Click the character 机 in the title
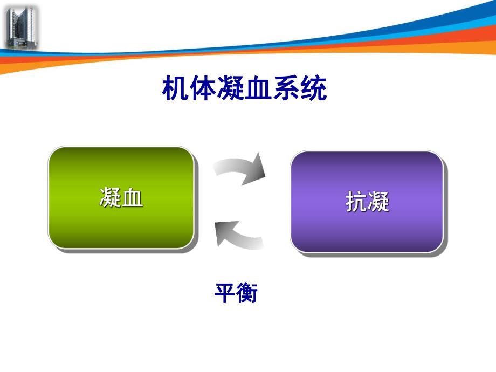tap(176, 89)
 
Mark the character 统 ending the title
tap(313, 89)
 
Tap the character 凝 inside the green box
tap(110, 198)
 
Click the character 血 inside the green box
tap(133, 198)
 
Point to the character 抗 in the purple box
tap(356, 203)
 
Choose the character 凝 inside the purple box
tap(378, 203)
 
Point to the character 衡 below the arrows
tap(247, 294)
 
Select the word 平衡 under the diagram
tap(236, 294)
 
